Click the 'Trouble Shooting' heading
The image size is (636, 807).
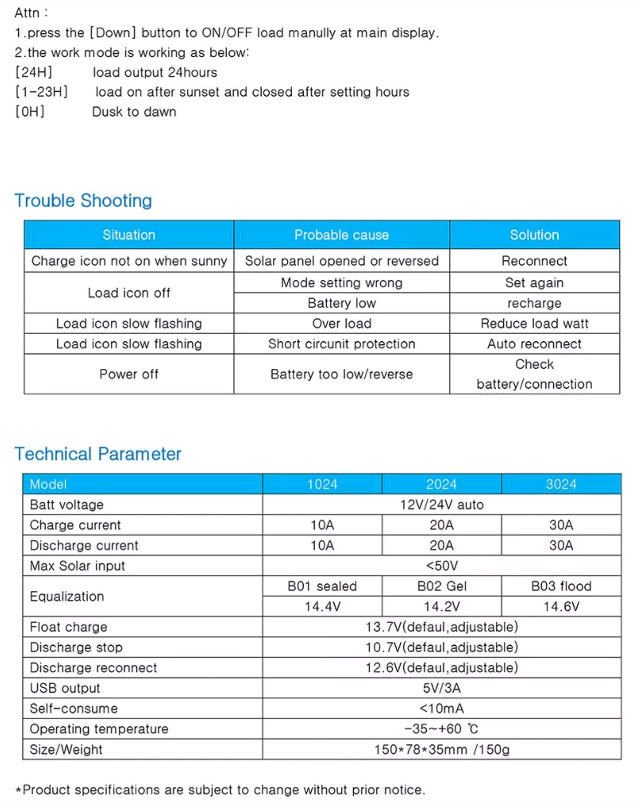83,201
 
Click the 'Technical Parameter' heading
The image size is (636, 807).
98,454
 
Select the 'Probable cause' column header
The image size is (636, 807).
341,235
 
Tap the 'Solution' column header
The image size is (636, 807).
534,235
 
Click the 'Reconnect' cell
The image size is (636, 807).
534,261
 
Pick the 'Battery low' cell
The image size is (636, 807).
341,303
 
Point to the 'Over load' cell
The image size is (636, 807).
341,323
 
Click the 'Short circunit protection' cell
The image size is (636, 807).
341,344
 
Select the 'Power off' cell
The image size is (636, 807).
128,374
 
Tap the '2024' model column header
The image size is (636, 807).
441,484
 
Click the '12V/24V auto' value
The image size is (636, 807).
441,505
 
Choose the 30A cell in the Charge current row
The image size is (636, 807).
561,525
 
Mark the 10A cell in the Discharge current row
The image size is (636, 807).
322,545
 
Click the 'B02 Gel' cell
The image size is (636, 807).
441,586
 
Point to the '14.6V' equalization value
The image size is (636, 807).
561,606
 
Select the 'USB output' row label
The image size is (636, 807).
65,688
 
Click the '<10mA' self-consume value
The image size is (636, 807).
441,708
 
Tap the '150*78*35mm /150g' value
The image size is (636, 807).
441,749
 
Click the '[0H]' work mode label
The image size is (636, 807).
30,112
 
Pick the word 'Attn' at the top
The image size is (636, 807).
27,13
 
